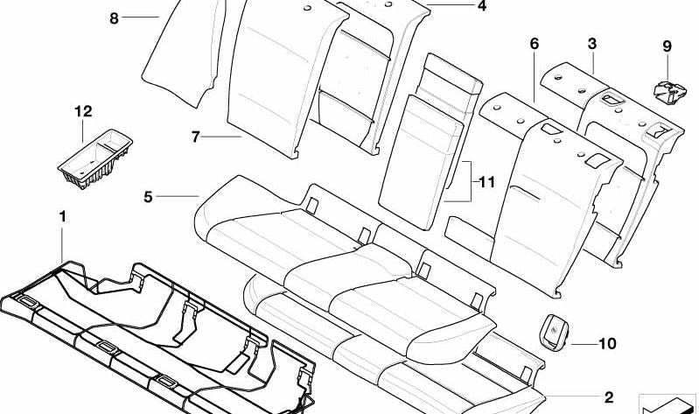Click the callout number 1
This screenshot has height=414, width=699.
(x=62, y=217)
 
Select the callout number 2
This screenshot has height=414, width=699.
(x=609, y=397)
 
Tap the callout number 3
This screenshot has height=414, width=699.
(x=592, y=44)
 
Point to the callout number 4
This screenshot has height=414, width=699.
(x=481, y=6)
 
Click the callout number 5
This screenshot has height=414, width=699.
(x=148, y=196)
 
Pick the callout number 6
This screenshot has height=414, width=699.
(x=534, y=44)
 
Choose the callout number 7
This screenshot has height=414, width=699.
(x=195, y=137)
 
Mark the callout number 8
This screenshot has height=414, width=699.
(x=114, y=18)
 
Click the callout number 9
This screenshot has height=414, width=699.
(x=667, y=46)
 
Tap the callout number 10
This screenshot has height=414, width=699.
(x=607, y=343)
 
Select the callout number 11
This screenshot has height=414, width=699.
(x=486, y=182)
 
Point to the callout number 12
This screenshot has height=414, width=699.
(x=83, y=111)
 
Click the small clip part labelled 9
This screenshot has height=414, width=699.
(x=669, y=93)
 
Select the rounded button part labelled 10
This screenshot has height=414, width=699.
(x=554, y=331)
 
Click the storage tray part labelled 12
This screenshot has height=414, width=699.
(x=95, y=158)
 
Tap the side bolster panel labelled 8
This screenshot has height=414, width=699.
(x=184, y=52)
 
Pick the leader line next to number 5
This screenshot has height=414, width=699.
(x=177, y=196)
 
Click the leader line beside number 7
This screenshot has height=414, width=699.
(x=221, y=137)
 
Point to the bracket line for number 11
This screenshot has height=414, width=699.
(x=470, y=181)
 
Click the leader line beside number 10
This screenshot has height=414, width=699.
(x=584, y=344)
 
